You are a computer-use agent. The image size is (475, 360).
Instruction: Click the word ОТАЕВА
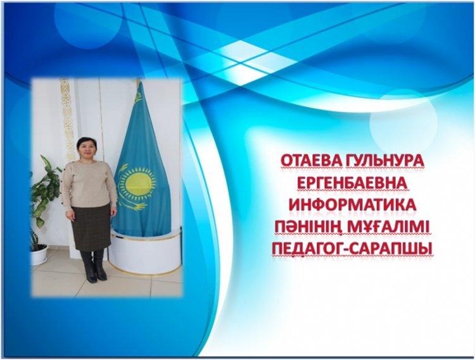310,161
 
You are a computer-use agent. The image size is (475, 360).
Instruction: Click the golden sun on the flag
138,182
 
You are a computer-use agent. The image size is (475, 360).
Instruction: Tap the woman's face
87,149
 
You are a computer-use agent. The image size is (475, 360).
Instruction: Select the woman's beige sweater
88,185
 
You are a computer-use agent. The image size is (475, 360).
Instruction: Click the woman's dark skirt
91,227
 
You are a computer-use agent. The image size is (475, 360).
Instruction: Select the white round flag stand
146,252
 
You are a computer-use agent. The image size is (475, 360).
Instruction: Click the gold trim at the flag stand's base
146,271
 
